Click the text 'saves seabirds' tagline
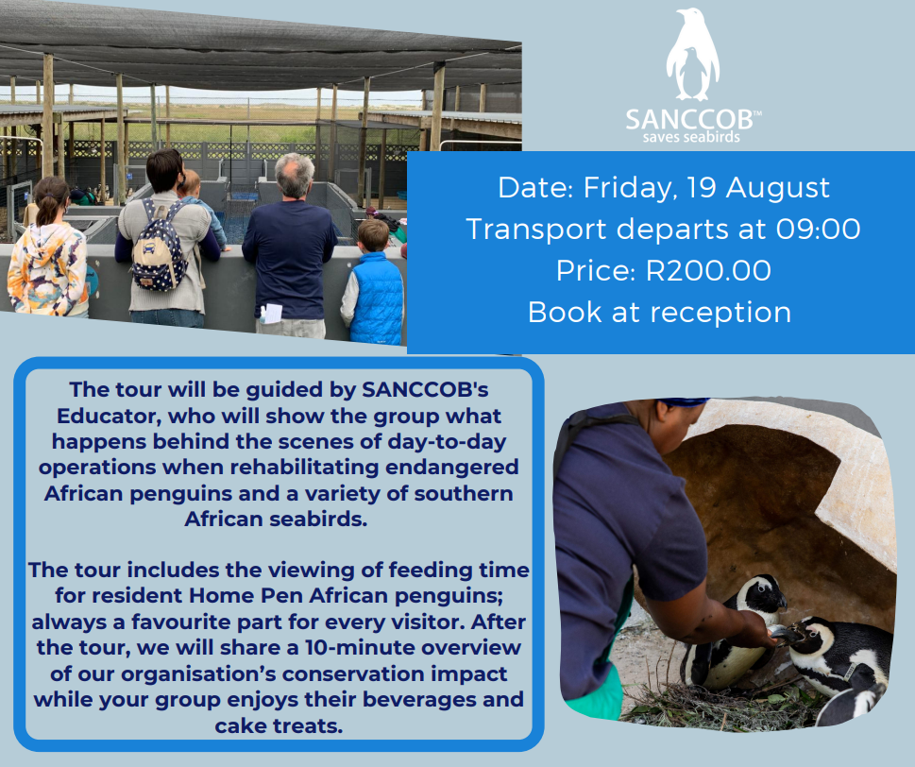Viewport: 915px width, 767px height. pos(691,138)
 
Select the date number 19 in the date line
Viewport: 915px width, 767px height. pos(702,187)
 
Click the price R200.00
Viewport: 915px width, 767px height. pos(708,271)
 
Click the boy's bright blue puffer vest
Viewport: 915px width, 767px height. pos(377,298)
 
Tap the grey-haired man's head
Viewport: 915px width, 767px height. pos(294,175)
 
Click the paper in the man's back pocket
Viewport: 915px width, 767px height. pos(271,313)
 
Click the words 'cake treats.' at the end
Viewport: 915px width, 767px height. pos(279,726)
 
